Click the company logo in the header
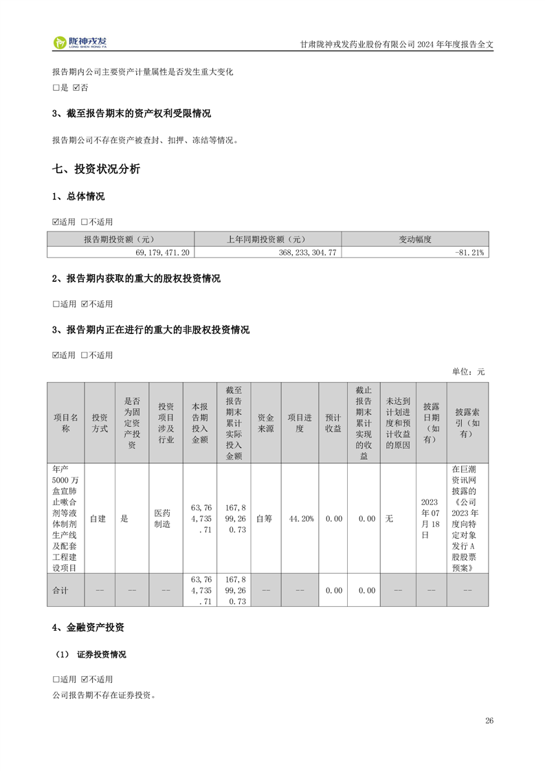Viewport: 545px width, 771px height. click(80, 43)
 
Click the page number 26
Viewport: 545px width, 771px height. click(489, 720)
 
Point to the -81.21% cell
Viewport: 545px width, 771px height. click(469, 252)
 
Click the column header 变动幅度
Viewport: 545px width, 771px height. click(414, 239)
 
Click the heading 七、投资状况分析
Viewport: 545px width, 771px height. click(96, 169)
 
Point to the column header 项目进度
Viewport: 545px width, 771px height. click(301, 423)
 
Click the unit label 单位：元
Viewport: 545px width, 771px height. click(467, 372)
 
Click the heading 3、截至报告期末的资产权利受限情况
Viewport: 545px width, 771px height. click(131, 113)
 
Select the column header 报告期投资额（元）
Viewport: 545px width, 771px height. click(120, 239)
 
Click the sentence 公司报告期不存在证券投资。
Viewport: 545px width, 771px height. click(104, 694)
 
